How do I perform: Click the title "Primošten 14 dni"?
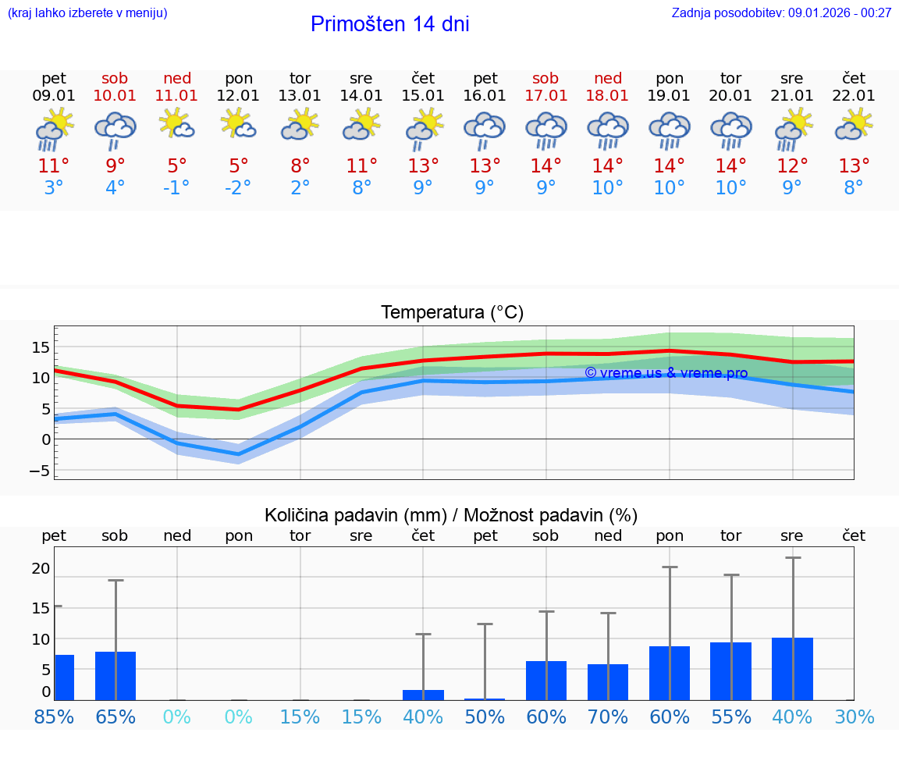coord(389,24)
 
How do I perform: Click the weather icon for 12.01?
coord(239,125)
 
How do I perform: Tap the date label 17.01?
coord(545,96)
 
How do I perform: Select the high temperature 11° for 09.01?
coord(54,166)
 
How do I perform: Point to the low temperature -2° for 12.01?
coord(239,188)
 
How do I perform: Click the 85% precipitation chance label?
coord(54,717)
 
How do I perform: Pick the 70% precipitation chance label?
coord(608,717)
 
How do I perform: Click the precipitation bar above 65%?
coord(115,676)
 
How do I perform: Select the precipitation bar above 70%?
coord(608,682)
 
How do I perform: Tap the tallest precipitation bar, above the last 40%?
coord(792,669)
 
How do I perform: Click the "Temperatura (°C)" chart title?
coord(452,313)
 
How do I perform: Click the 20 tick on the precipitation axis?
coord(41,569)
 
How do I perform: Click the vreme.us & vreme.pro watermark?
coord(666,373)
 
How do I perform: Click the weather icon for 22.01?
coord(854,125)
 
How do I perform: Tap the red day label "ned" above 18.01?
coord(608,78)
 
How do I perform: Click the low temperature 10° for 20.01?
coord(730,188)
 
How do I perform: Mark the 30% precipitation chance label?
coord(854,717)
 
